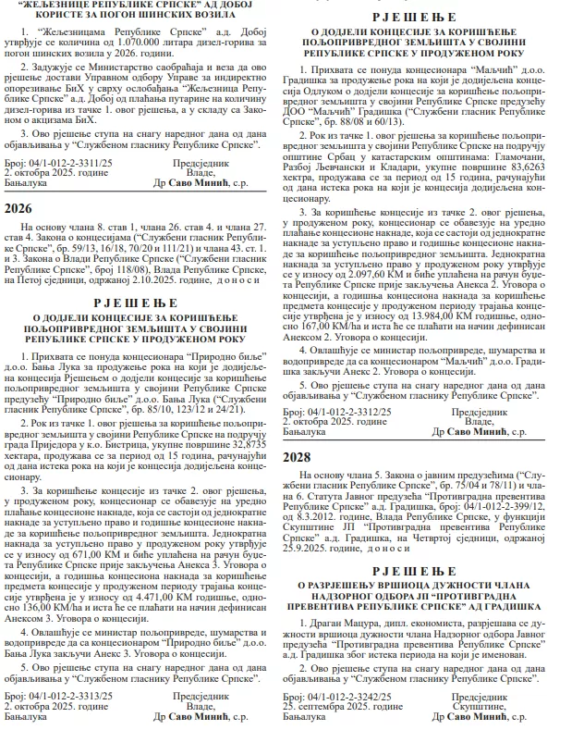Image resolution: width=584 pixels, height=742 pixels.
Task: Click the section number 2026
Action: [x=18, y=209]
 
